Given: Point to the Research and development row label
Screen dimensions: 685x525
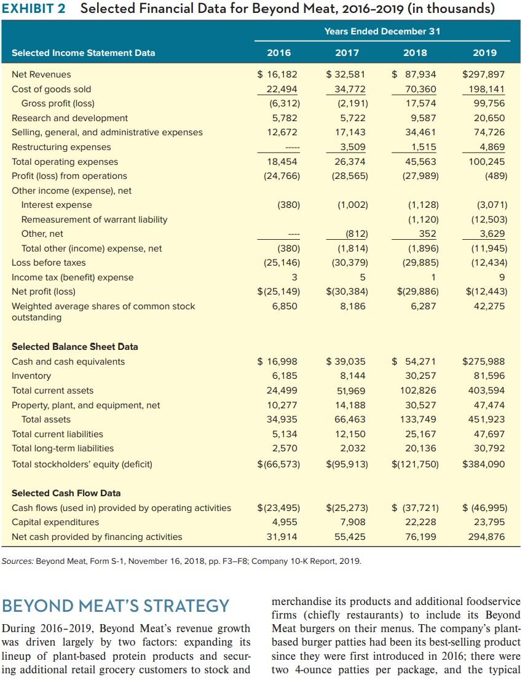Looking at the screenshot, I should click(x=70, y=118).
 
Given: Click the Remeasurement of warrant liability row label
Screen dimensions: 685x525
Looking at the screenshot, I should click(x=94, y=220).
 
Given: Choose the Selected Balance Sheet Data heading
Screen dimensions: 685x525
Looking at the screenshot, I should click(x=75, y=347).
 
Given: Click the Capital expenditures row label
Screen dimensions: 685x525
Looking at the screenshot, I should click(x=55, y=522).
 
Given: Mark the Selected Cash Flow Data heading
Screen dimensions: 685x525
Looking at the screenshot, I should click(x=66, y=493).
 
